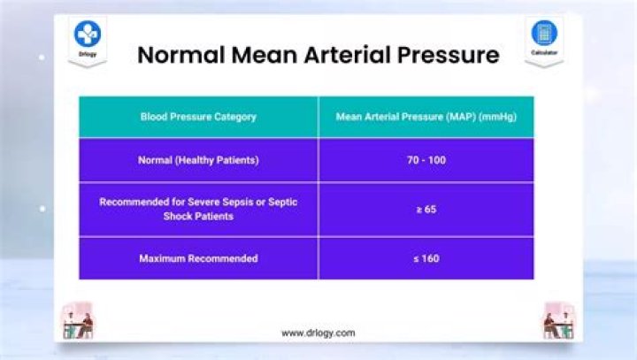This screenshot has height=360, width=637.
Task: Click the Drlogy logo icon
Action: pos(88,34)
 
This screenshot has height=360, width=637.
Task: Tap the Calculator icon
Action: pos(544,33)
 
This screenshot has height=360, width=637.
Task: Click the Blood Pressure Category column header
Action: pos(198,116)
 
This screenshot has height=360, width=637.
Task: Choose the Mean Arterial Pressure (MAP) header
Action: pos(426,116)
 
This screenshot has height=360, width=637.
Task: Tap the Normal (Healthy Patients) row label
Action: pos(198,160)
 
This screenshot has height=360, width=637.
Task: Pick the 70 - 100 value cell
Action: pos(426,160)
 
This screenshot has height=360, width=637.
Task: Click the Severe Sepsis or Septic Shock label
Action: pos(198,209)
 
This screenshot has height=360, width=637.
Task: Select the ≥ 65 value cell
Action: pos(426,210)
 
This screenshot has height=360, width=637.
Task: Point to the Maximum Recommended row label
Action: pos(198,258)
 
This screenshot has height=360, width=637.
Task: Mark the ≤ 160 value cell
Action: pos(426,258)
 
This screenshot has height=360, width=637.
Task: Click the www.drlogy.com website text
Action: pos(318,333)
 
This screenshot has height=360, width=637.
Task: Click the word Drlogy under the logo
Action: pos(88,55)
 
